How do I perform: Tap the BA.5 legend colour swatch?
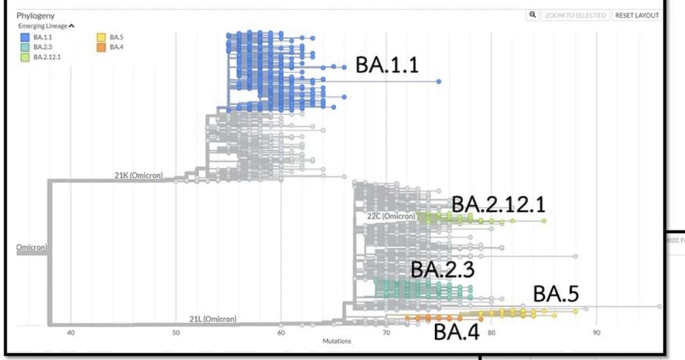[x=101, y=37]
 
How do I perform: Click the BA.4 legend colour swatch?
[x=101, y=47]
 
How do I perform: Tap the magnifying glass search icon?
[x=533, y=15]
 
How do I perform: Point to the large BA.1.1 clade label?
[x=387, y=65]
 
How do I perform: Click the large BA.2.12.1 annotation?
[x=498, y=205]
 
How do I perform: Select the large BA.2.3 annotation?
[x=442, y=269]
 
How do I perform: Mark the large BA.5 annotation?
[x=556, y=294]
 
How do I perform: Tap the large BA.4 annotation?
[x=457, y=332]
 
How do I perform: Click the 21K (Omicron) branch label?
[x=139, y=176]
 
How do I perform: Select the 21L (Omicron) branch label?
[x=213, y=319]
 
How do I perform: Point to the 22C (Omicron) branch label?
[x=391, y=216]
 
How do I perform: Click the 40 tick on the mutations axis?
[x=70, y=333]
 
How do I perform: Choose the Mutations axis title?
[x=337, y=341]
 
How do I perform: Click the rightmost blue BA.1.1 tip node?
[x=439, y=82]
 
